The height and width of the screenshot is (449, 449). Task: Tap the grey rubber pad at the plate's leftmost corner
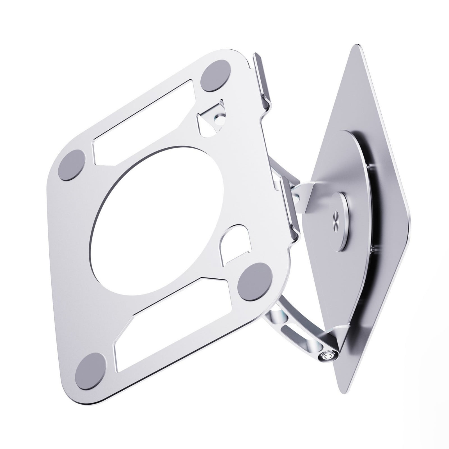pyautogui.click(x=71, y=165)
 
